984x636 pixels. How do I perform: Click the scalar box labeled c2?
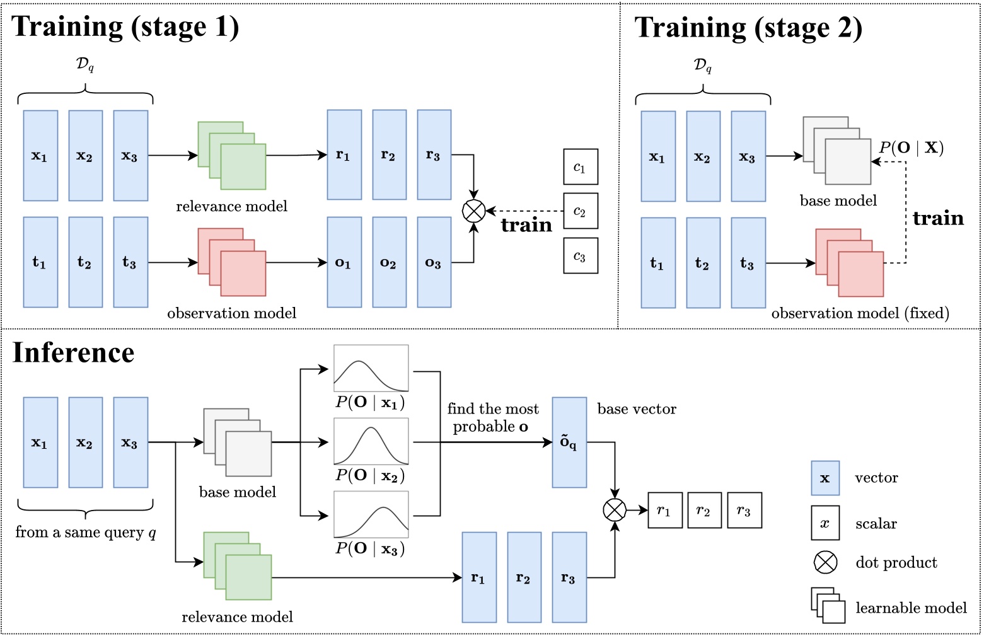tap(580, 211)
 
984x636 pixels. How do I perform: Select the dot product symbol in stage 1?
tap(474, 211)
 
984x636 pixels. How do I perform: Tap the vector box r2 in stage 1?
tap(389, 155)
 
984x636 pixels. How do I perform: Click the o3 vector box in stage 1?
tap(434, 262)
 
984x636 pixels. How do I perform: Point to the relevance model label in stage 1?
tap(231, 206)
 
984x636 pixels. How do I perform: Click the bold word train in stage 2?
tap(938, 218)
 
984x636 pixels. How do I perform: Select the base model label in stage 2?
tap(838, 200)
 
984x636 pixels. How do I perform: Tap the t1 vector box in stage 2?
tap(658, 263)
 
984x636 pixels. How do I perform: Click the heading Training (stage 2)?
tap(748, 28)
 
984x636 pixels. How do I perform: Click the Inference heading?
tap(74, 352)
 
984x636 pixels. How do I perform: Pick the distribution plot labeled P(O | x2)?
tap(371, 442)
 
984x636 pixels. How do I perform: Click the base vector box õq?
tap(569, 442)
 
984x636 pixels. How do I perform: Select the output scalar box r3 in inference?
tap(744, 510)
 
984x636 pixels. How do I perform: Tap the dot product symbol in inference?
tap(615, 509)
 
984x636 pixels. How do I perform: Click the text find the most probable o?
tap(492, 418)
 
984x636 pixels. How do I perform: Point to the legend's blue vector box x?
tap(825, 478)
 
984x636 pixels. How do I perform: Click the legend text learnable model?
tap(910, 608)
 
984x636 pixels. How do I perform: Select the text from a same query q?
tap(86, 532)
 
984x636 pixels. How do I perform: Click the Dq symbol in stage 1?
tap(85, 64)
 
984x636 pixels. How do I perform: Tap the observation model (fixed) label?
tap(860, 313)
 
